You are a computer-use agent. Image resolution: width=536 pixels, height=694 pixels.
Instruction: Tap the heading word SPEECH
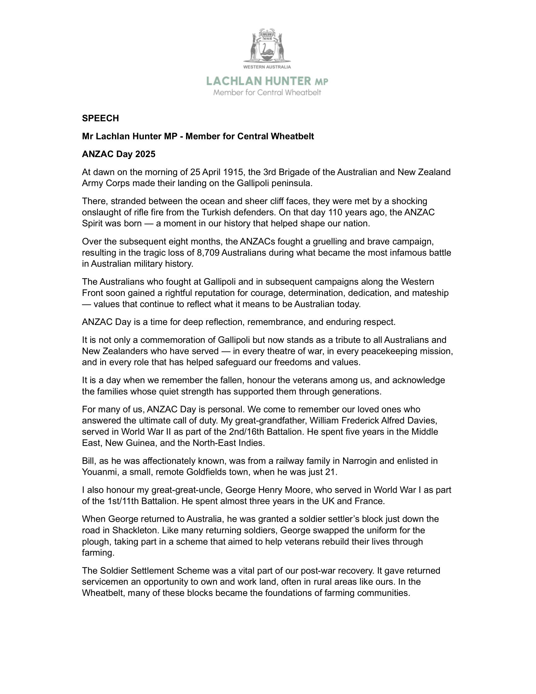tap(100, 119)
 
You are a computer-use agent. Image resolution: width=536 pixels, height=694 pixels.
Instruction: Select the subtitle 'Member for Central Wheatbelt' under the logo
tap(267, 93)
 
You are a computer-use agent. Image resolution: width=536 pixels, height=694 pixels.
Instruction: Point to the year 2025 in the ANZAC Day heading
tap(145, 155)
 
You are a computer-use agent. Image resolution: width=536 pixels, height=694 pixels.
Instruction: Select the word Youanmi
tap(99, 472)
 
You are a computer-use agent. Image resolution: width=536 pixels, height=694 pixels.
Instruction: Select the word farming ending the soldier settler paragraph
tap(97, 553)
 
